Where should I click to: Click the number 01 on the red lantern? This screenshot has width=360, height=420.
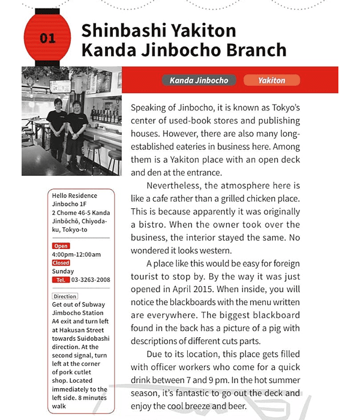(47, 38)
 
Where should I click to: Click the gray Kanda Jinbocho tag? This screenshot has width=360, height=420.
(199, 80)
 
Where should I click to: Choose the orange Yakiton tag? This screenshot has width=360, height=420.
(271, 80)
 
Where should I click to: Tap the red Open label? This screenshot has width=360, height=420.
(61, 246)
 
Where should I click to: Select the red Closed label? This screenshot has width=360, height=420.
(61, 263)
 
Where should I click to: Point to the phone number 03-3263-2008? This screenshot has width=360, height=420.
(91, 280)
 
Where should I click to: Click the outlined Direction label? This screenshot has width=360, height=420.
(65, 296)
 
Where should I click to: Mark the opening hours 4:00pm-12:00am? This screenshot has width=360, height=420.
(76, 254)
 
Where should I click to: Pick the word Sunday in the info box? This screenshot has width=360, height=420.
(63, 271)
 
